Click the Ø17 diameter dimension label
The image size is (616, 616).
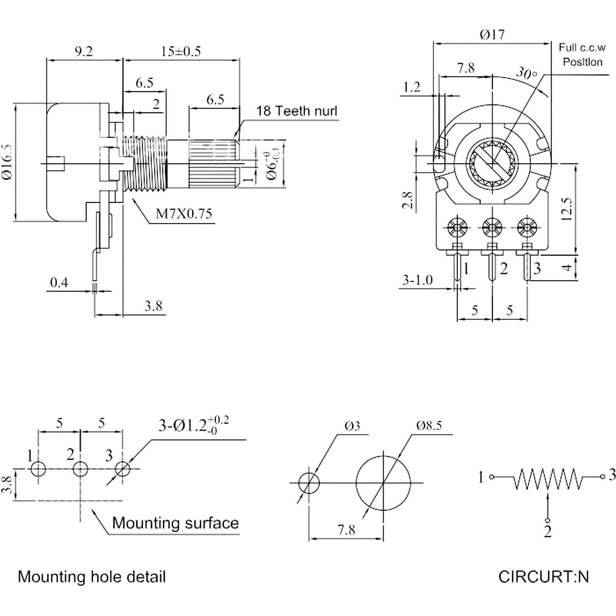492,34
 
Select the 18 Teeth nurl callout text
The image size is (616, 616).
297,111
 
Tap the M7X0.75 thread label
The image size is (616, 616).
184,213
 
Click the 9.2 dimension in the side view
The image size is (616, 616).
83,51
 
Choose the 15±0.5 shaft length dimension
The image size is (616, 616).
181,51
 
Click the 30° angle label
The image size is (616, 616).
526,73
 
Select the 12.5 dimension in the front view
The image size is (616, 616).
568,208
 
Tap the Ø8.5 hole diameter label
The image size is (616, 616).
428,426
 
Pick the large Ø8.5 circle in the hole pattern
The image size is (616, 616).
383,483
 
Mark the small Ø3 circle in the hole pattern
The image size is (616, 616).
309,483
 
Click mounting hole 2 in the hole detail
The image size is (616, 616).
80,469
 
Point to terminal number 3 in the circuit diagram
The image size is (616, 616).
611,476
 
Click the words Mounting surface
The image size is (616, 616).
175,523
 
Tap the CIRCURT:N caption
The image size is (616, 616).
543,577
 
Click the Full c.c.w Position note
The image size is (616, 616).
582,55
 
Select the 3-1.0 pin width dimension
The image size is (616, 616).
417,280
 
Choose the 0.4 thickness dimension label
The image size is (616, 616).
59,282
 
